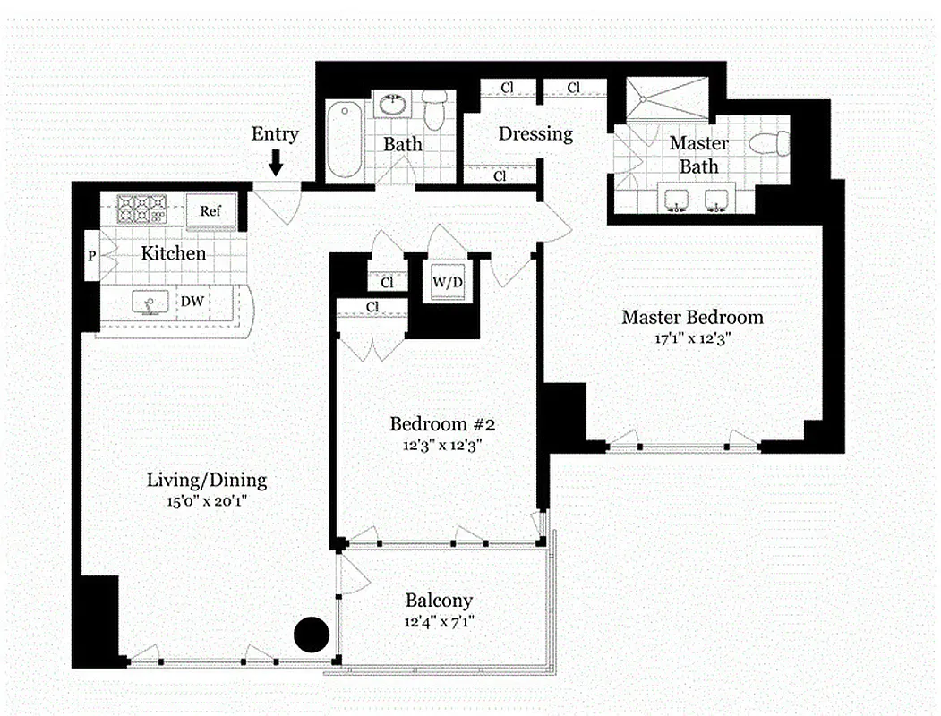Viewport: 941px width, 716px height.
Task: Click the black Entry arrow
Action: (x=276, y=162)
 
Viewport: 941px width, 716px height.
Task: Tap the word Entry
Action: (x=275, y=134)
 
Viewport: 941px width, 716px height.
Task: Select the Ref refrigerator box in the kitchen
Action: (x=210, y=212)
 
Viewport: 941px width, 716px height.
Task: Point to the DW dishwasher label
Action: (x=192, y=303)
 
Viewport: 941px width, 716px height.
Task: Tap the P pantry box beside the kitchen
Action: (x=91, y=257)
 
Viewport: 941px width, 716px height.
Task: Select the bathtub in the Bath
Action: (x=343, y=141)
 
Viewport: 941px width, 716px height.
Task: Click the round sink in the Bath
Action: (x=392, y=105)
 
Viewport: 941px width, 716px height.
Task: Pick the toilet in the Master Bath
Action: (x=771, y=142)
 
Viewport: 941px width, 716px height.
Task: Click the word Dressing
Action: (x=535, y=134)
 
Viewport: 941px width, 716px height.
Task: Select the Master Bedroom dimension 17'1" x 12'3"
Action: (x=692, y=339)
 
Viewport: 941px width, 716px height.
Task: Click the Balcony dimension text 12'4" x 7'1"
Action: (x=438, y=621)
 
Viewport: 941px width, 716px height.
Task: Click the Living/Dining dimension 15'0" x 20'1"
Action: (x=206, y=502)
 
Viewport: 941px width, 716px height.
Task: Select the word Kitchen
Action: (x=174, y=254)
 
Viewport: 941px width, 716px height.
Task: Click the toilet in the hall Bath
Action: (x=435, y=111)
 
